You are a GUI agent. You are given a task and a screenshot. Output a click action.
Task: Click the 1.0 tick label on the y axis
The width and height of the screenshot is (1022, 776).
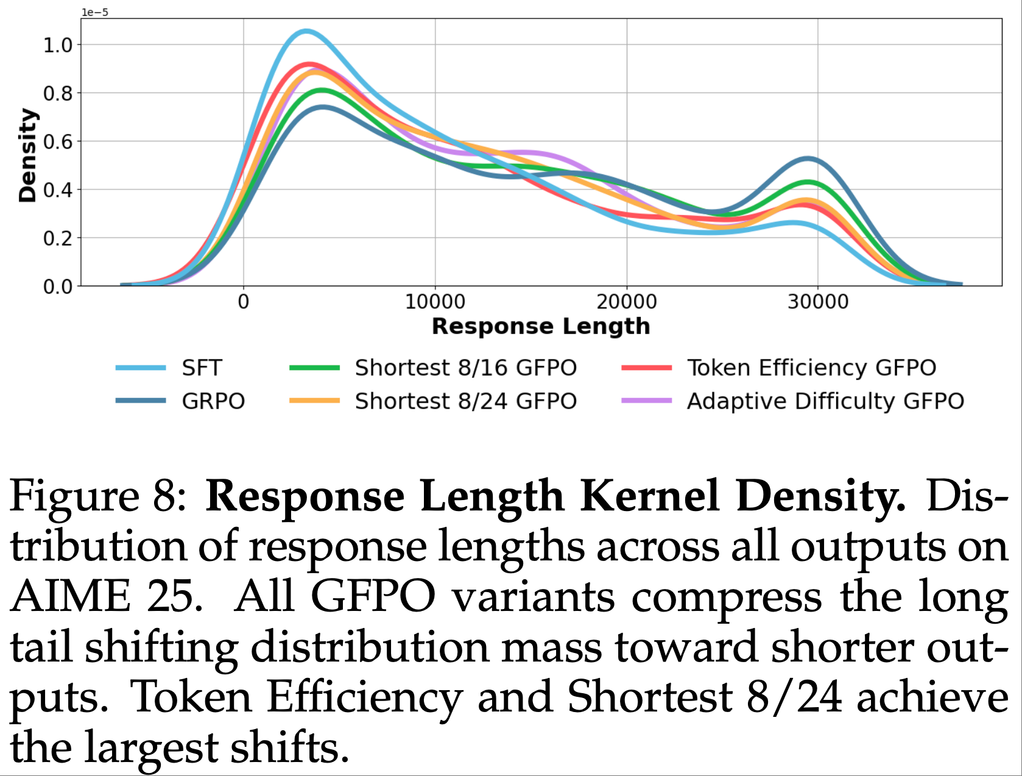point(57,45)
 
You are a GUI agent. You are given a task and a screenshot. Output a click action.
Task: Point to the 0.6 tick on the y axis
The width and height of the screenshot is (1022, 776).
point(57,141)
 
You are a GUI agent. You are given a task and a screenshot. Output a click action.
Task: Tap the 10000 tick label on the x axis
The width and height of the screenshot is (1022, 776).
point(435,302)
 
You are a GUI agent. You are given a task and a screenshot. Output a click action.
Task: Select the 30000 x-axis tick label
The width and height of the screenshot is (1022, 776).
point(817,302)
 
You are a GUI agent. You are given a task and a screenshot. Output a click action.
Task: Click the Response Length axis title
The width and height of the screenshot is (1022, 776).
point(541,326)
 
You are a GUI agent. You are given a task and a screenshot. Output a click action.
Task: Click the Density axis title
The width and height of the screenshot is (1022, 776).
point(27,155)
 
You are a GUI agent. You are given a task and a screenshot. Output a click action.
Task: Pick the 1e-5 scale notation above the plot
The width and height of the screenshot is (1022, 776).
point(95,12)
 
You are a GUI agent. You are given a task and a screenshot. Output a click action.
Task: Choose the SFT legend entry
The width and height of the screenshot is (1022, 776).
point(202,368)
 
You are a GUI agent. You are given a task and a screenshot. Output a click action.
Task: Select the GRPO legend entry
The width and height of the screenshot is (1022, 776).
point(213,401)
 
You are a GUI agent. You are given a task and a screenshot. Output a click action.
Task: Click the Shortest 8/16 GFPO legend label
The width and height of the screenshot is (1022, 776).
point(465,368)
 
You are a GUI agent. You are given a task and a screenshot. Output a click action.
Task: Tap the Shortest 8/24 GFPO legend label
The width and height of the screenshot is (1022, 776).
point(465,401)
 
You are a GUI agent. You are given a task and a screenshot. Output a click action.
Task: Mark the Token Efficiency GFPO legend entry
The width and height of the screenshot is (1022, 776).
point(811,368)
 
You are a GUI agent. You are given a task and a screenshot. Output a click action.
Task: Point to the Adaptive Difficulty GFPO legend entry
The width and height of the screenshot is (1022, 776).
point(825,401)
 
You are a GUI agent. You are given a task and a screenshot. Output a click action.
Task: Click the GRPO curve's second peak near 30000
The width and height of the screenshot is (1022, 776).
point(808,158)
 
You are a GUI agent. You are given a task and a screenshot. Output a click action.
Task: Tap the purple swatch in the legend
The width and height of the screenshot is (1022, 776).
point(646,401)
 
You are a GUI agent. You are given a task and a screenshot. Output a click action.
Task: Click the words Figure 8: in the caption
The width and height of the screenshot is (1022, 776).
point(100,496)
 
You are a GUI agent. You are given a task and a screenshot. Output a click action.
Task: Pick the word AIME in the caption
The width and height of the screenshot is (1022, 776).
point(70,597)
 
